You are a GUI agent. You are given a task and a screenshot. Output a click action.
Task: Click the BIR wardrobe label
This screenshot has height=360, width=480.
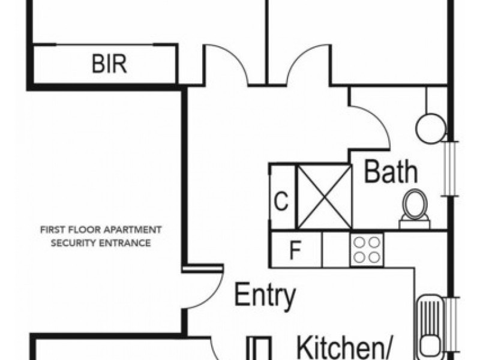pyautogui.click(x=109, y=64)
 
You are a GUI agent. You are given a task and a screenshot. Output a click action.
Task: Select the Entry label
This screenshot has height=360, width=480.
pyautogui.click(x=265, y=295)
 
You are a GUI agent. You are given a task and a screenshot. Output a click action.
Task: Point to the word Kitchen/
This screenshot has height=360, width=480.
pyautogui.click(x=344, y=348)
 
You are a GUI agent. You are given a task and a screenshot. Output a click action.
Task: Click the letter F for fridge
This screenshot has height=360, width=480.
pyautogui.click(x=295, y=250)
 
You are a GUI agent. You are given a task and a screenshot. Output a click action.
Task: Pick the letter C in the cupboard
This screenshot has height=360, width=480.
pyautogui.click(x=281, y=201)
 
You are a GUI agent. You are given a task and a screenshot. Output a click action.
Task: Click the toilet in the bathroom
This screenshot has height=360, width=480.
pyautogui.click(x=415, y=209)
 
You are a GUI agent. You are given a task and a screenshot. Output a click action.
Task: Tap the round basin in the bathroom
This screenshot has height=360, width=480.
pyautogui.click(x=430, y=128)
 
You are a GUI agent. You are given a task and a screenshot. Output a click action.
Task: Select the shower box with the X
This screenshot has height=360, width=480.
pyautogui.click(x=325, y=197)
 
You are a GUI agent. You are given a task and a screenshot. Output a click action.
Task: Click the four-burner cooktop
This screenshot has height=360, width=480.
pyautogui.click(x=367, y=250)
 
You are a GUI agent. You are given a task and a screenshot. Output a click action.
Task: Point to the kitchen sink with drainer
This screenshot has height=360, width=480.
pyautogui.click(x=430, y=327)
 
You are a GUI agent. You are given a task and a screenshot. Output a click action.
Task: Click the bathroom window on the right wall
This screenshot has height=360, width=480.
pyautogui.click(x=450, y=169)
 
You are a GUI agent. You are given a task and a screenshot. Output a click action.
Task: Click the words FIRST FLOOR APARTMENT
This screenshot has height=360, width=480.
pyautogui.click(x=101, y=230)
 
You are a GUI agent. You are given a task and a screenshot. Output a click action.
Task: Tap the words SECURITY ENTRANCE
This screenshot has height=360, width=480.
pyautogui.click(x=101, y=243)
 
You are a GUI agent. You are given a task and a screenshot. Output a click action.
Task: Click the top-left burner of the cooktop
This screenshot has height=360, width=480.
pyautogui.click(x=359, y=243)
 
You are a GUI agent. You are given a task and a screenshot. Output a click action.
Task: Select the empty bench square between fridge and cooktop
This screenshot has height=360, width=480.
pyautogui.click(x=336, y=250)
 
